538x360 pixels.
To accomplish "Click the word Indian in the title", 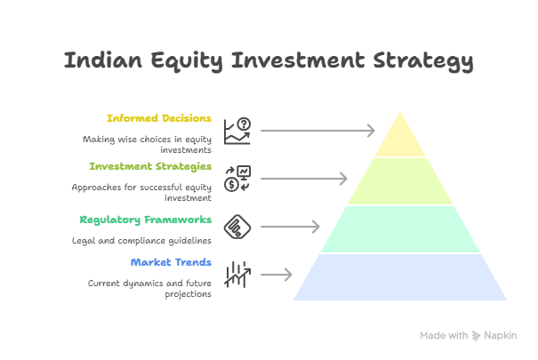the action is [x=103, y=60].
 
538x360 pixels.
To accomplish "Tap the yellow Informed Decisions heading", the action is [x=159, y=118].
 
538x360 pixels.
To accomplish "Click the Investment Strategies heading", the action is [x=150, y=166].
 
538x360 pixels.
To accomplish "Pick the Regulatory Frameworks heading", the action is [x=146, y=220].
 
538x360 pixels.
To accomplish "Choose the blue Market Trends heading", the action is [x=171, y=262].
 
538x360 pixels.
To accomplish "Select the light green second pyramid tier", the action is [x=400, y=181].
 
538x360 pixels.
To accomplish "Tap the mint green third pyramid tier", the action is [x=400, y=229].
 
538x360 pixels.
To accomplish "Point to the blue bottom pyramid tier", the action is [x=400, y=277].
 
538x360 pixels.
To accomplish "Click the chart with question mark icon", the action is [x=237, y=131].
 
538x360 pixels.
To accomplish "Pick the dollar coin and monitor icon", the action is [x=237, y=179].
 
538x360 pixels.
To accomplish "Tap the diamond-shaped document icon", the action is [x=237, y=227].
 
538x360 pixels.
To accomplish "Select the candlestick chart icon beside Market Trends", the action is [x=237, y=275].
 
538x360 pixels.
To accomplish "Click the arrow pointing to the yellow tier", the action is [x=317, y=131].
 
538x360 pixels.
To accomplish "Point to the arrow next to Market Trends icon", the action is [x=277, y=275].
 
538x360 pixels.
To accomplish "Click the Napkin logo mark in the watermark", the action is [x=476, y=336].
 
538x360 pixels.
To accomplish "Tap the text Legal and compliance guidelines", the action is [x=141, y=241].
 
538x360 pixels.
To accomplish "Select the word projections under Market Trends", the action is [x=188, y=294].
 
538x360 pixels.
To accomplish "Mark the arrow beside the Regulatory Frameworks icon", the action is [x=290, y=227].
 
